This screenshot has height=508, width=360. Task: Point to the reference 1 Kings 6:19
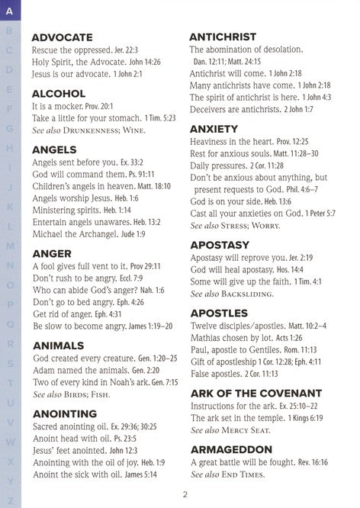[313, 419]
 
